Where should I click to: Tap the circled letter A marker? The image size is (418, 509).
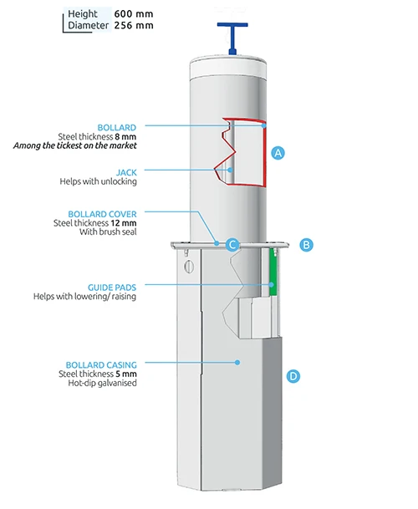click(x=279, y=153)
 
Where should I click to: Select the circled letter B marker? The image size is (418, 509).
click(x=306, y=245)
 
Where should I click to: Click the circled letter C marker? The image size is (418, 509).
click(x=233, y=245)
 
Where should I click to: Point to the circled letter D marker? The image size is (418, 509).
click(x=293, y=376)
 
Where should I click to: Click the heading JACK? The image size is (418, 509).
click(x=125, y=171)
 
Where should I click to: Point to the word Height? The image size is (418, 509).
click(x=84, y=13)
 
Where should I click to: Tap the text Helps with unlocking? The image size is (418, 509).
click(x=98, y=181)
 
